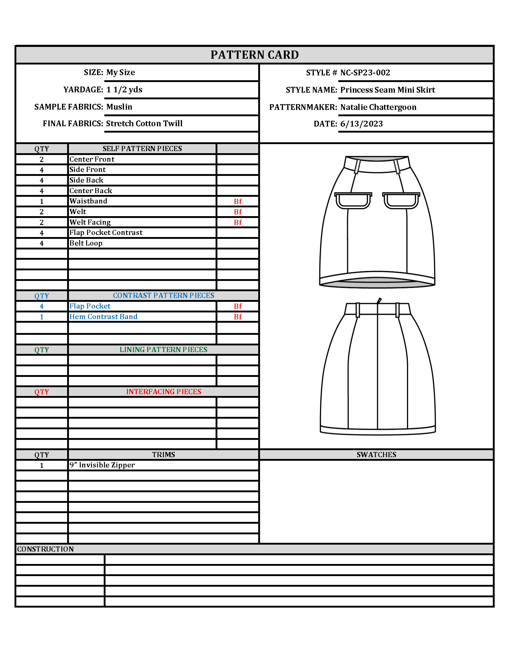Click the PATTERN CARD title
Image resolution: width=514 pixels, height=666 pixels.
(x=255, y=55)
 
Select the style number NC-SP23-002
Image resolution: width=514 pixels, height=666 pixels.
(x=365, y=73)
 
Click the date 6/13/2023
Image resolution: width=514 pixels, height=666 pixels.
(x=361, y=124)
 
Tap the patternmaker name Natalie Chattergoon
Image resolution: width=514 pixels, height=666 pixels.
(x=378, y=107)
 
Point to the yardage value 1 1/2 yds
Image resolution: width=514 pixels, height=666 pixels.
(x=124, y=90)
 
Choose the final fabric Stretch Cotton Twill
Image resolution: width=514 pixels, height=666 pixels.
(x=144, y=124)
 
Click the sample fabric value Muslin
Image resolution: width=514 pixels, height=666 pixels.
(x=119, y=107)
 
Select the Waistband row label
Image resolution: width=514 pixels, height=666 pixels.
(x=88, y=201)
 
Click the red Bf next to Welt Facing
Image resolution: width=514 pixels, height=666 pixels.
(x=238, y=222)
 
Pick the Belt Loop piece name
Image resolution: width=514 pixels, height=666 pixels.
(x=86, y=243)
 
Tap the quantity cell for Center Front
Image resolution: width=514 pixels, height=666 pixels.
(x=42, y=160)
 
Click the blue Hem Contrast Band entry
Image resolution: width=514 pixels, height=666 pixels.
(x=103, y=317)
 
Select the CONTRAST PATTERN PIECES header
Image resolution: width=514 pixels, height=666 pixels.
(x=164, y=295)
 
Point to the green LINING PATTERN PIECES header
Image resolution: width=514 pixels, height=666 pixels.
(x=164, y=349)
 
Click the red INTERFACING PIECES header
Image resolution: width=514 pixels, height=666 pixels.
(x=164, y=391)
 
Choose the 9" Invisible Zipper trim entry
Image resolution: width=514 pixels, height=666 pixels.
(x=102, y=465)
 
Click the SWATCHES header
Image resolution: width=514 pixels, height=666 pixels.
(x=376, y=455)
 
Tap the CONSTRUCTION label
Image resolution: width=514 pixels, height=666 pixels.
(x=45, y=549)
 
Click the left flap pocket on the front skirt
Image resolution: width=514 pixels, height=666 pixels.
(x=353, y=200)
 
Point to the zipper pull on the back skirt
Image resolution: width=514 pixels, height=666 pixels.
(x=379, y=300)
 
